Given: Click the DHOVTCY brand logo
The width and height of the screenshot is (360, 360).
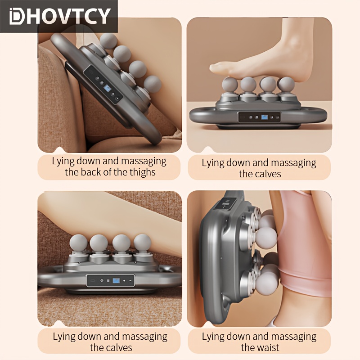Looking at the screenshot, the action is (x=60, y=16).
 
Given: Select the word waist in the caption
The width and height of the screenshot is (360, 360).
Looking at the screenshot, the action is (x=268, y=347).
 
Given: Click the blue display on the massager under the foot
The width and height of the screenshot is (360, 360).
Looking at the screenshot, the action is (x=264, y=117).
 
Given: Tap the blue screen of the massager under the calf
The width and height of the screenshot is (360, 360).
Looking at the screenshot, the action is (x=116, y=280).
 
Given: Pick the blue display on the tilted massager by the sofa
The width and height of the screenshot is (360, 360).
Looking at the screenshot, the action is (x=108, y=88).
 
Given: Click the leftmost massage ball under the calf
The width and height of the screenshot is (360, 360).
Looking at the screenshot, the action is (x=78, y=243).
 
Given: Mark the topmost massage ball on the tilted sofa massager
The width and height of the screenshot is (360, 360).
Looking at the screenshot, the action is (x=108, y=41).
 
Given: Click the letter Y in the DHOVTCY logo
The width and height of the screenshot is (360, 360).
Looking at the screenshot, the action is (x=104, y=16).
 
